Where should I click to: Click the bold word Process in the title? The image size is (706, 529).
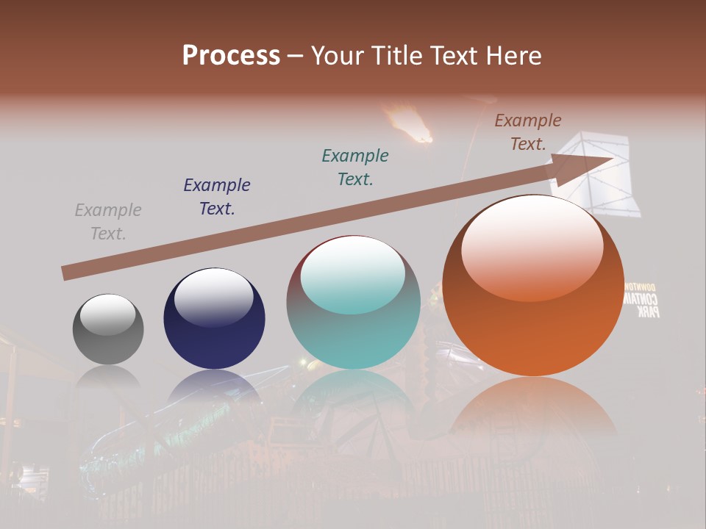click(x=231, y=55)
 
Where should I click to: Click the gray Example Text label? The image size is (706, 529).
click(x=108, y=222)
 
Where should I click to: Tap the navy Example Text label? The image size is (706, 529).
click(x=217, y=197)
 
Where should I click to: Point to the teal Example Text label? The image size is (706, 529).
click(x=355, y=168)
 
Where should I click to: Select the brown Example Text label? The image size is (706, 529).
click(x=527, y=132)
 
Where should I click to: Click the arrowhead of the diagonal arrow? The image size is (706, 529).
click(x=588, y=165)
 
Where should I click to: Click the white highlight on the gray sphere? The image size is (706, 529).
click(x=107, y=314)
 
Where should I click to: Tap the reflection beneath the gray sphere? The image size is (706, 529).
click(x=108, y=378)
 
